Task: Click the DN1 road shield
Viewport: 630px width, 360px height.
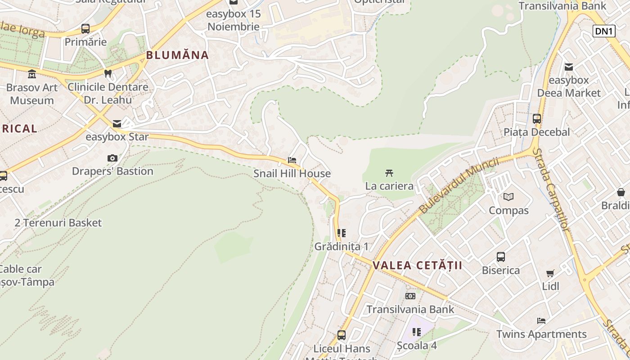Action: point(604,31)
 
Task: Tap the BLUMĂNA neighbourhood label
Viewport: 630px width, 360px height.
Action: point(177,55)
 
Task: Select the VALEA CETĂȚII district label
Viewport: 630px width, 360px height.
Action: point(417,265)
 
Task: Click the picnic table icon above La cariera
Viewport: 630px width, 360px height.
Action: point(389,173)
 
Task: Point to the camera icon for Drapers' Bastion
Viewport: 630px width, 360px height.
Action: point(112,158)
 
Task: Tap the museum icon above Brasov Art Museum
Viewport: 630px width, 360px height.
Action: point(32,74)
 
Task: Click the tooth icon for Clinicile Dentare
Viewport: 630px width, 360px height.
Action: point(108,73)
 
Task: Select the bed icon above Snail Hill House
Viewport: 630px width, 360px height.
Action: point(292,160)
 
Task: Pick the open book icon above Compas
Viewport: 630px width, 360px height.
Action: point(508,197)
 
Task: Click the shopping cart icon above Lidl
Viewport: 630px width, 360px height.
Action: point(550,273)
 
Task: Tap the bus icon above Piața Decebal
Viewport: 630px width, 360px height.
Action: point(536,119)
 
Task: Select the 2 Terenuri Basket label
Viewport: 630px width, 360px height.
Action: point(58,223)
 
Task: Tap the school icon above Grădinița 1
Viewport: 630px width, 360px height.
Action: point(342,233)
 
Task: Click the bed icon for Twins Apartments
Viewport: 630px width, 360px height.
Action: point(541,321)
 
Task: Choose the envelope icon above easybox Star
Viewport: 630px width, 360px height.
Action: point(117,124)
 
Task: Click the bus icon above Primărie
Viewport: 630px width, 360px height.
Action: point(85,29)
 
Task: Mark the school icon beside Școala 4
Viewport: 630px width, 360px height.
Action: point(417,332)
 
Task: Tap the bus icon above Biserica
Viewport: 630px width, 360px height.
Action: point(500,257)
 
